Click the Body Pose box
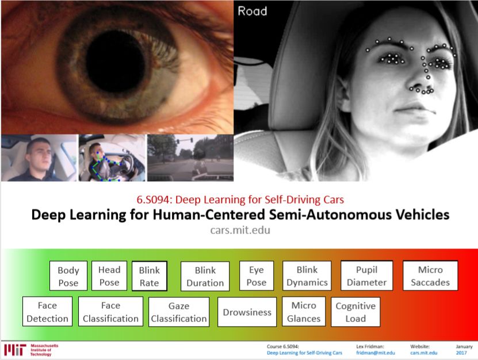coord(68,276)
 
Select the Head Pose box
coord(109,275)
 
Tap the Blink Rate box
coord(149,277)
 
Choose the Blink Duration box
coord(205,276)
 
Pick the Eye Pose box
coord(257,275)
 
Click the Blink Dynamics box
coord(307,276)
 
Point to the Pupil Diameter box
coord(367,276)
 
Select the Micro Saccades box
coord(430,276)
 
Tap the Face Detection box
coord(48,312)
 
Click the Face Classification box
coord(110,312)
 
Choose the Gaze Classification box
coord(179,312)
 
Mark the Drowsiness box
coord(247,312)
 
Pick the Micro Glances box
coord(304,312)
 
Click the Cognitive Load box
coord(355,312)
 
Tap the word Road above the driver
coord(252,10)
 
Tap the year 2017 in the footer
coord(463,353)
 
